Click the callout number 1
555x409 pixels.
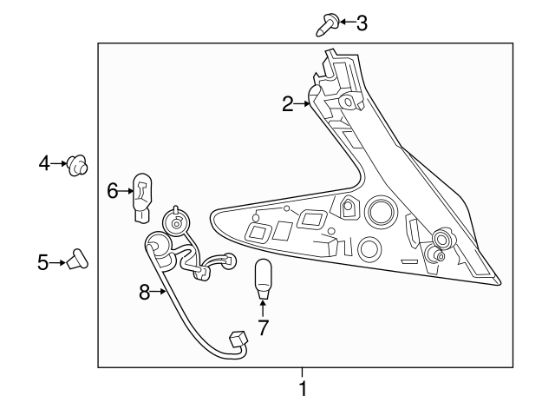[x=302, y=389]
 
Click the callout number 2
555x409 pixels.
[x=289, y=104]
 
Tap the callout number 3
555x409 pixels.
[x=361, y=23]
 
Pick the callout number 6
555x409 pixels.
[x=113, y=190]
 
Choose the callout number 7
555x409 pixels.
[x=263, y=327]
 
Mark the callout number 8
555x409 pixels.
[x=146, y=293]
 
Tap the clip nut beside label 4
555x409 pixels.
[x=79, y=163]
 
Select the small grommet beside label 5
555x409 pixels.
[x=80, y=260]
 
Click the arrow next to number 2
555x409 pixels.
[x=304, y=104]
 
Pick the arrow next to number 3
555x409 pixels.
[x=345, y=23]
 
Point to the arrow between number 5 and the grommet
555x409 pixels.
[x=60, y=261]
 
